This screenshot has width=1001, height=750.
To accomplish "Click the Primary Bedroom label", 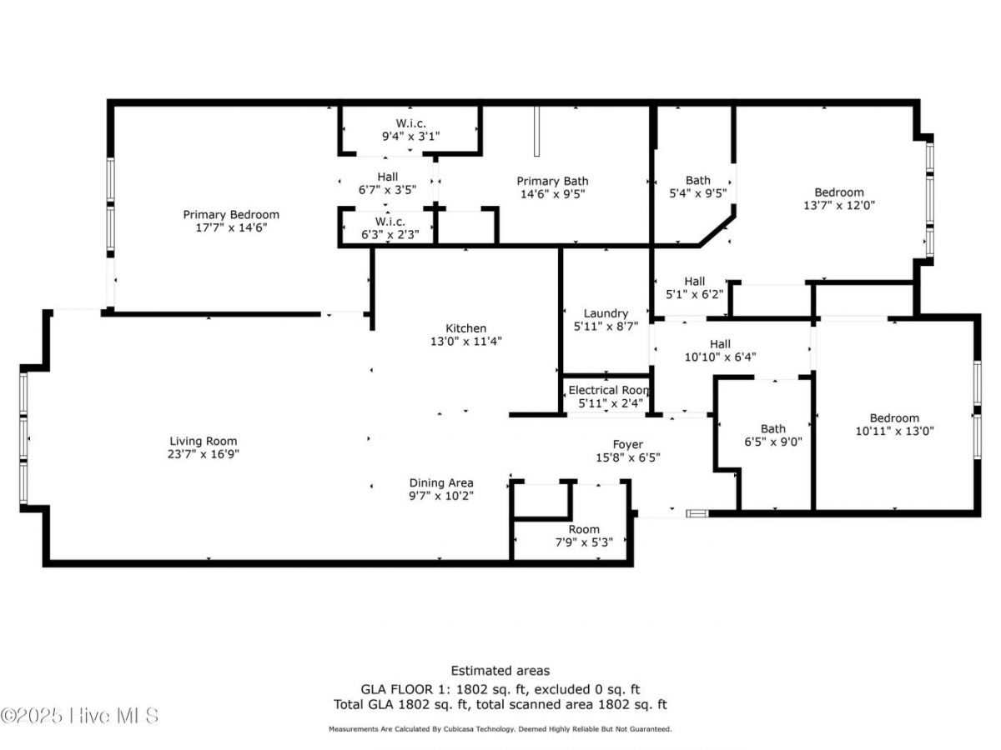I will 231,215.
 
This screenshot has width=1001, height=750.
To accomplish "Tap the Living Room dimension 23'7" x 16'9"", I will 204,454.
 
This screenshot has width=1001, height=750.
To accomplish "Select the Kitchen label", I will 465,328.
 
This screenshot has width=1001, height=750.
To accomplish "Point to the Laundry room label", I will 606,313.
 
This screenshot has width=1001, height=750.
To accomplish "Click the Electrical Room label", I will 608,390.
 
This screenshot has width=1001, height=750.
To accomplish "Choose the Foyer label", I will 627,444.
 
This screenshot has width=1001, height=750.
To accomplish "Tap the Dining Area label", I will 441,482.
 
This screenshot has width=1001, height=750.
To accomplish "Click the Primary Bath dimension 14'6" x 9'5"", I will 552,194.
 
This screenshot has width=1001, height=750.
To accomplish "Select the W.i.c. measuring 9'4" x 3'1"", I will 410,123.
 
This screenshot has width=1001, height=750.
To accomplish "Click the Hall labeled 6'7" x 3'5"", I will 387,177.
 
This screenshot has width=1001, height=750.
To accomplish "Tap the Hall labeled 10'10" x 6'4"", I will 720,344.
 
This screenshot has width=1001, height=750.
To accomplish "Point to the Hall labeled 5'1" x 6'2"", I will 695,282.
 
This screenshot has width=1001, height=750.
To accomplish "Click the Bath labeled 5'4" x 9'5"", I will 698,180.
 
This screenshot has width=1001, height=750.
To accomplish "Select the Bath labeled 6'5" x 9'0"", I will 772,429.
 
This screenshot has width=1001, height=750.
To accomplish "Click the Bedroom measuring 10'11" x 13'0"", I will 894,418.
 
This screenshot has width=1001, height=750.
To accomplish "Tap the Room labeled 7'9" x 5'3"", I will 584,529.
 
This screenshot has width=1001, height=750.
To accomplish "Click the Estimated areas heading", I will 500,670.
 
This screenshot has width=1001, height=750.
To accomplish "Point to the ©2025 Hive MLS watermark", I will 80,715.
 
